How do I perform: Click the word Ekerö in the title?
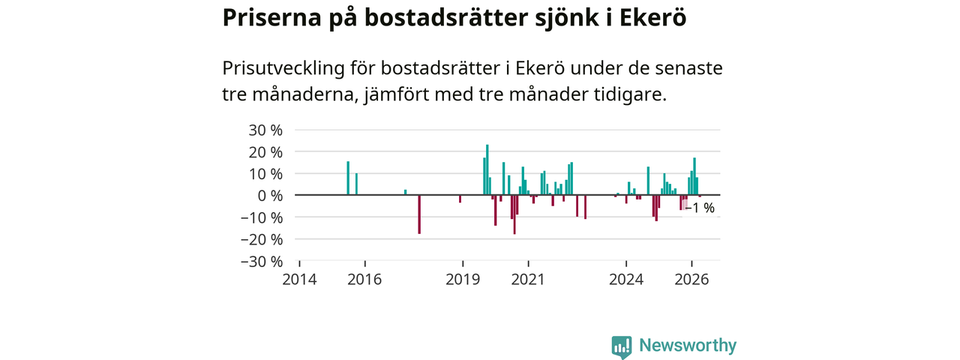pyautogui.click(x=652, y=17)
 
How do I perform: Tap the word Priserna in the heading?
pyautogui.click(x=271, y=17)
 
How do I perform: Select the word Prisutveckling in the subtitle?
pyautogui.click(x=283, y=68)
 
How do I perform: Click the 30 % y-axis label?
pyautogui.click(x=265, y=130)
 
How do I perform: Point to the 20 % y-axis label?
pyautogui.click(x=265, y=151)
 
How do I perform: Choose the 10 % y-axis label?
pyautogui.click(x=265, y=173)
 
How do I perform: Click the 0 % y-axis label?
pyautogui.click(x=270, y=196)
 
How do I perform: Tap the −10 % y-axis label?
pyautogui.click(x=262, y=217)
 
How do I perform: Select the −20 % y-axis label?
pyautogui.click(x=262, y=239)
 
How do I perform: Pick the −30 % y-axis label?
pyautogui.click(x=262, y=261)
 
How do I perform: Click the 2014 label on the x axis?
pyautogui.click(x=299, y=280)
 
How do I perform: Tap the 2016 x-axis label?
pyautogui.click(x=364, y=280)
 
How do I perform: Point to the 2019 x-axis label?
pyautogui.click(x=463, y=280)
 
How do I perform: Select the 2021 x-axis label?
pyautogui.click(x=528, y=280)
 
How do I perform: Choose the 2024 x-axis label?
pyautogui.click(x=626, y=280)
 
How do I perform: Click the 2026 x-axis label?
pyautogui.click(x=691, y=280)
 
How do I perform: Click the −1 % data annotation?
pyautogui.click(x=700, y=208)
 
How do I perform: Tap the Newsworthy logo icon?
pyautogui.click(x=622, y=346)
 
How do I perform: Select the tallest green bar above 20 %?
pyautogui.click(x=487, y=169)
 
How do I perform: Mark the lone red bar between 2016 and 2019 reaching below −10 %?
pyautogui.click(x=419, y=214)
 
